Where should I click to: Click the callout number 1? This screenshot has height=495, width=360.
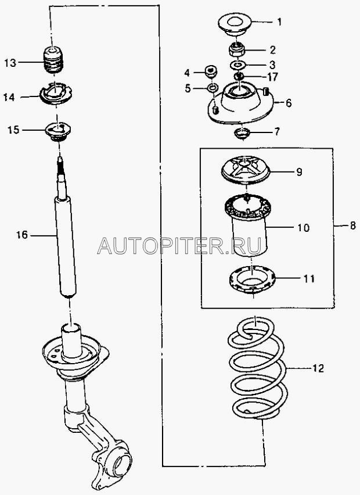coord(279,21)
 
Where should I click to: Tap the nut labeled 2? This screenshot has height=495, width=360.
coord(237,49)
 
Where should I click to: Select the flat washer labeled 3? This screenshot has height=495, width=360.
coord(238,65)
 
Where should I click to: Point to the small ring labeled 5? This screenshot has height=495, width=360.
coord(213,87)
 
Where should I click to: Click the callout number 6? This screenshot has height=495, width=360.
coord(289,103)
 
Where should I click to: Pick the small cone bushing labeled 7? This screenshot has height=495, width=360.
coord(243,133)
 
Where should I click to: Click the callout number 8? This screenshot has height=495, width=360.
coord(352,225)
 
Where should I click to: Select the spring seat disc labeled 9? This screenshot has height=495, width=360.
coord(246,170)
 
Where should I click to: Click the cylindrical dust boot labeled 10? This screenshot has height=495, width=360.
coord(248,224)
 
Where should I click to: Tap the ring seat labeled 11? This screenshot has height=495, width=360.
coord(252,279)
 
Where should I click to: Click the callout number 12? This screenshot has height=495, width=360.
coord(318,368)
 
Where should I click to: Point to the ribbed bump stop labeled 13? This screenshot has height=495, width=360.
coord(53,60)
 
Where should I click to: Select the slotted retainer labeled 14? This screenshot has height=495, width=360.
coord(56,94)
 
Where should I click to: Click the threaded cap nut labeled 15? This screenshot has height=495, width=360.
coord(58,132)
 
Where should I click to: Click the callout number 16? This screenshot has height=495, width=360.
coord(22,235)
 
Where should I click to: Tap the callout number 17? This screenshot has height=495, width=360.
coord(271,76)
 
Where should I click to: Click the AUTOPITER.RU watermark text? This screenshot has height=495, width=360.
coord(179,245)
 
